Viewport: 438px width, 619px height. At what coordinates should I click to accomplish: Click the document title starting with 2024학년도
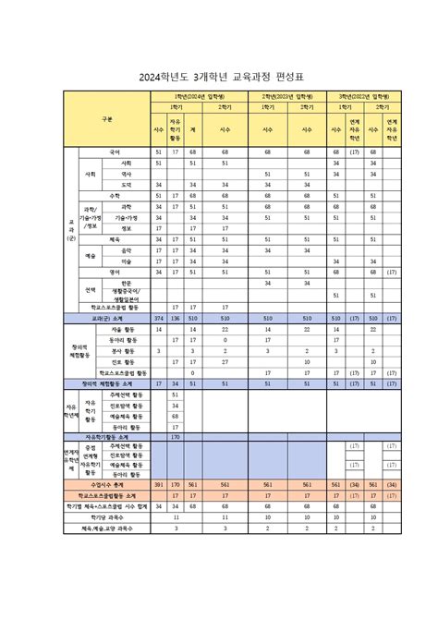pyautogui.click(x=219, y=77)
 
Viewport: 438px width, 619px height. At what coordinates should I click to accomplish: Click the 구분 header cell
pyautogui.click(x=107, y=119)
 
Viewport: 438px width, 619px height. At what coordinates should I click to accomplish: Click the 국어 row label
pyautogui.click(x=115, y=151)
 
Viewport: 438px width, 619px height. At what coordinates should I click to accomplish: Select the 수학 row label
pyautogui.click(x=115, y=195)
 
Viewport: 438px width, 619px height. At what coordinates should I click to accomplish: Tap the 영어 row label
pyautogui.click(x=115, y=273)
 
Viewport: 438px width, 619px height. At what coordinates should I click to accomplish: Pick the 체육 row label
pyautogui.click(x=115, y=239)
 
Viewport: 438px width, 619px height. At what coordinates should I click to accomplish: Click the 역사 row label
pyautogui.click(x=127, y=173)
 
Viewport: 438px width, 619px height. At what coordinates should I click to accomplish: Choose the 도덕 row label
pyautogui.click(x=127, y=184)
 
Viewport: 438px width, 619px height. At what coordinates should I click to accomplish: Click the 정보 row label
pyautogui.click(x=127, y=228)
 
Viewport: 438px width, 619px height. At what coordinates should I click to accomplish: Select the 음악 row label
pyautogui.click(x=127, y=250)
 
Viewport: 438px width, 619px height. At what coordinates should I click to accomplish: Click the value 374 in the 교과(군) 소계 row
pyautogui.click(x=158, y=317)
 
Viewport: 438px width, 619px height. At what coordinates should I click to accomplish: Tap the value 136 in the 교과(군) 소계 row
pyautogui.click(x=176, y=317)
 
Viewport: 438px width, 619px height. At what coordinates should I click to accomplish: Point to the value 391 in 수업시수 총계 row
pyautogui.click(x=158, y=482)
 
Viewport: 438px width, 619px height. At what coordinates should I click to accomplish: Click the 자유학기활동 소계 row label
pyautogui.click(x=107, y=437)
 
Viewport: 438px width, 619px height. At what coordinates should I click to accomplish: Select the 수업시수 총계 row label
pyautogui.click(x=107, y=482)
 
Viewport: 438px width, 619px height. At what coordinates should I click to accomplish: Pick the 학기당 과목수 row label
pyautogui.click(x=107, y=516)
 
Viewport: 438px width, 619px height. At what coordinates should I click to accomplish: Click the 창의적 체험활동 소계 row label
pyautogui.click(x=107, y=382)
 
